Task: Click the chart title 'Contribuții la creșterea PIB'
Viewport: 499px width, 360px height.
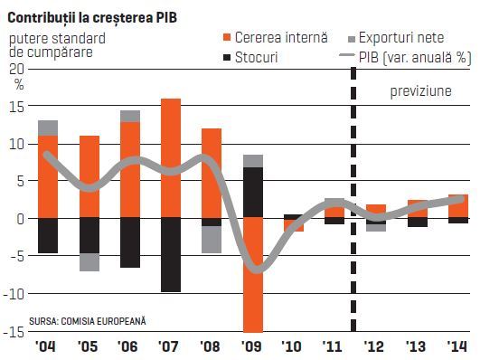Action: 92,17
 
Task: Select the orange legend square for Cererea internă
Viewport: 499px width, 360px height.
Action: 227,37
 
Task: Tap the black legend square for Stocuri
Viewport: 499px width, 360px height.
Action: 227,58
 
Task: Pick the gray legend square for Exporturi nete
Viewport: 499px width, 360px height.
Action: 352,40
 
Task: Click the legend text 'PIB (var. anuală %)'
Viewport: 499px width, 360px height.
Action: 415,58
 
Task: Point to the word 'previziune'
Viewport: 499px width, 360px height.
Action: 420,91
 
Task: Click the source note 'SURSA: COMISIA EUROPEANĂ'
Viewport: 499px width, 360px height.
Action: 88,321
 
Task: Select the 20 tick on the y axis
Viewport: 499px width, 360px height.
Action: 16,69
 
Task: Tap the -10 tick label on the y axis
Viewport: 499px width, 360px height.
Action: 14,294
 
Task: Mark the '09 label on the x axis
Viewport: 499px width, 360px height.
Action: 251,346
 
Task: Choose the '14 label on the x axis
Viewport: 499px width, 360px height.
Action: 457,346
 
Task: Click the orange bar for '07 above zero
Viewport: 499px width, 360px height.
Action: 171,158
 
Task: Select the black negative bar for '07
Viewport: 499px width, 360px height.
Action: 171,255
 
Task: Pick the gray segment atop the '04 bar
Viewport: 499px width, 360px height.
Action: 48,128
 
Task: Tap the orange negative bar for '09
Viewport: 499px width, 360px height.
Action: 253,275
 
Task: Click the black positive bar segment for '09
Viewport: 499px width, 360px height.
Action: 253,193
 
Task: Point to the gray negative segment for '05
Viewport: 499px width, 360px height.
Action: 89,262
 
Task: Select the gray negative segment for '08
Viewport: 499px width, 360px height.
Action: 212,240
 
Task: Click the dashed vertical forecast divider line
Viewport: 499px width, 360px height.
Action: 353,200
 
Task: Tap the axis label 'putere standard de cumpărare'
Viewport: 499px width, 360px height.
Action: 57,45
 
